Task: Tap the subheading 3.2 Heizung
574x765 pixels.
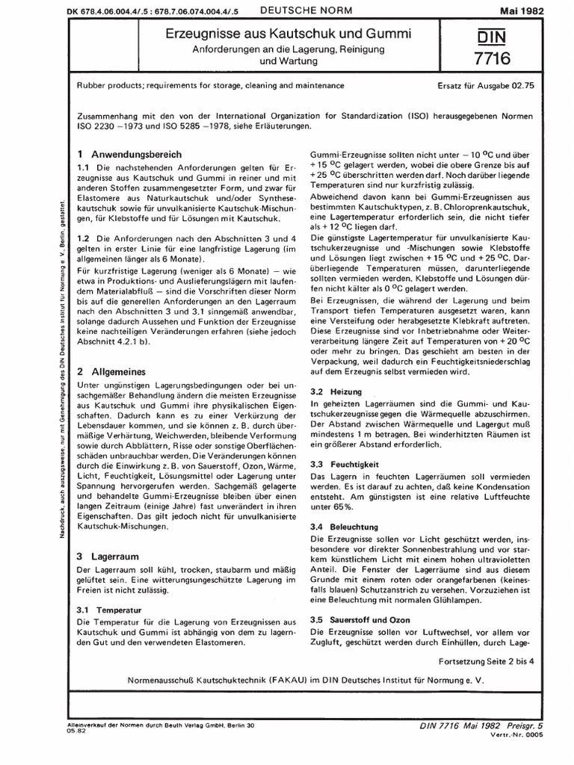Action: pyautogui.click(x=336, y=391)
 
